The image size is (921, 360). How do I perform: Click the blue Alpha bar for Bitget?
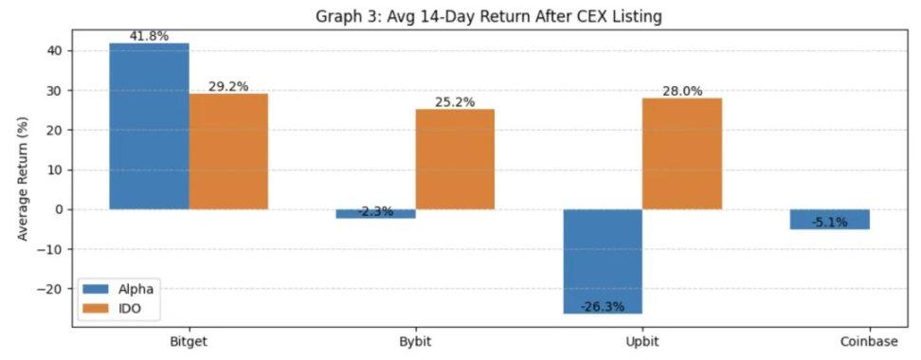149,126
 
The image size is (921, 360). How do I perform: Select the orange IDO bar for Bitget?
228,152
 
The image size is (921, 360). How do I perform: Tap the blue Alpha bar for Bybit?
375,213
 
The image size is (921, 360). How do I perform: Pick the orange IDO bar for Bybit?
455,159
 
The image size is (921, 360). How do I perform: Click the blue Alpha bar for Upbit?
603,261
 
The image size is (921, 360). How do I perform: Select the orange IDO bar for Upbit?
682,153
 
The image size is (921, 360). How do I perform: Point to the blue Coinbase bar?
829,219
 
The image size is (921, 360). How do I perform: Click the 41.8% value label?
149,36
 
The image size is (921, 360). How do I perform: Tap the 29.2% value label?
228,86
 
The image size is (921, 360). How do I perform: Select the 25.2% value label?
455,102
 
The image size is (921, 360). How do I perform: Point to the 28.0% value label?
682,91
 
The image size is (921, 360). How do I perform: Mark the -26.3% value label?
603,305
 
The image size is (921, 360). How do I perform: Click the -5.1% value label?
829,223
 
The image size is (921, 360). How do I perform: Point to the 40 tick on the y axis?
56,51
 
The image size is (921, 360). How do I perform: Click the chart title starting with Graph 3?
488,15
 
